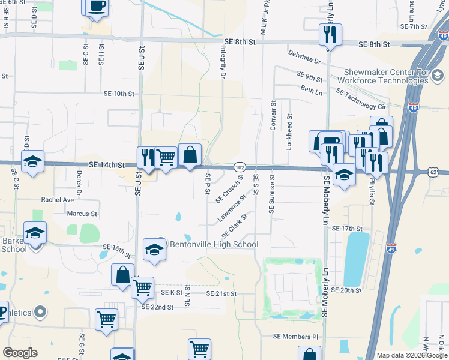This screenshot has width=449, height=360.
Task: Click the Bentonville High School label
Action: coord(214,244)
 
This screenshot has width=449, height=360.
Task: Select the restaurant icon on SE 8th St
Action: coord(330,35)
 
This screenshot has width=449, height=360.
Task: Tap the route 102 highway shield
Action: coord(239,166)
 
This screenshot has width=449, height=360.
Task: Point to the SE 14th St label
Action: coord(106,164)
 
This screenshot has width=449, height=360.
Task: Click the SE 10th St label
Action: coord(119,94)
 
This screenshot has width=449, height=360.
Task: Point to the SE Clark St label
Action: coord(235,226)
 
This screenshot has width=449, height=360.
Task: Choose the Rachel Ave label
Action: coord(57,199)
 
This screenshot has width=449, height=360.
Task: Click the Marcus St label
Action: coord(82,214)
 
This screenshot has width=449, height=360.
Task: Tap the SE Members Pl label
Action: coord(294,337)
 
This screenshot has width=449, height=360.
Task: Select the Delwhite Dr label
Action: coord(304,59)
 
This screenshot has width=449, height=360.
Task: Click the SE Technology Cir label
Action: coord(360,99)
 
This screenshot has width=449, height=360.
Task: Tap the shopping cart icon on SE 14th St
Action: coord(166,157)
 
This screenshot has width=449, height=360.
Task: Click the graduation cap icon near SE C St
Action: coord(32,161)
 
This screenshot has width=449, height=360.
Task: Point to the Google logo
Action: coord(20,353)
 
